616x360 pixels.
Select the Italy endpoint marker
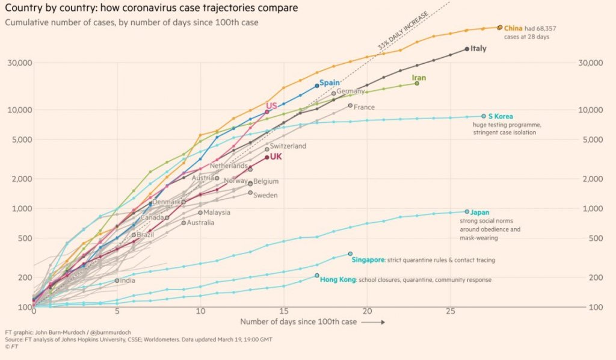[467, 49]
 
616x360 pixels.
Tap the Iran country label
[419, 78]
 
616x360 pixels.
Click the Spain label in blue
[329, 82]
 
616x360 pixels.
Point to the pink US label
[271, 105]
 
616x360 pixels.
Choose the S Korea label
[500, 116]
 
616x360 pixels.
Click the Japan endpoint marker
[467, 211]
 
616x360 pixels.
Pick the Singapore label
[368, 260]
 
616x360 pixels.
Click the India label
[128, 280]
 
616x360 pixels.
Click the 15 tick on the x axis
[283, 312]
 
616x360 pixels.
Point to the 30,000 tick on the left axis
[20, 63]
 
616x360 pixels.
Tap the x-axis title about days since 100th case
[298, 321]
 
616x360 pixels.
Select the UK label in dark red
[276, 157]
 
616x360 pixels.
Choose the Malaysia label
[217, 213]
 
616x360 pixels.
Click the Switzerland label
[288, 146]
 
